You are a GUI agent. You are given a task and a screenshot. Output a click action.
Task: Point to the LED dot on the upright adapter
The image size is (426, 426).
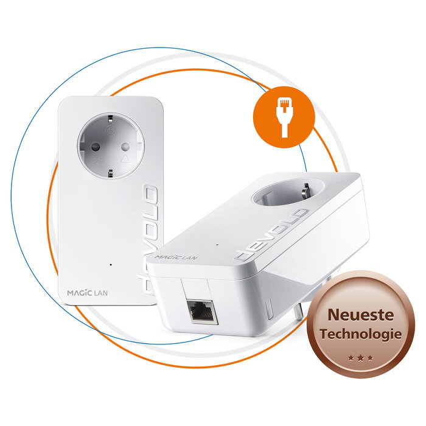pos(110,265)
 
